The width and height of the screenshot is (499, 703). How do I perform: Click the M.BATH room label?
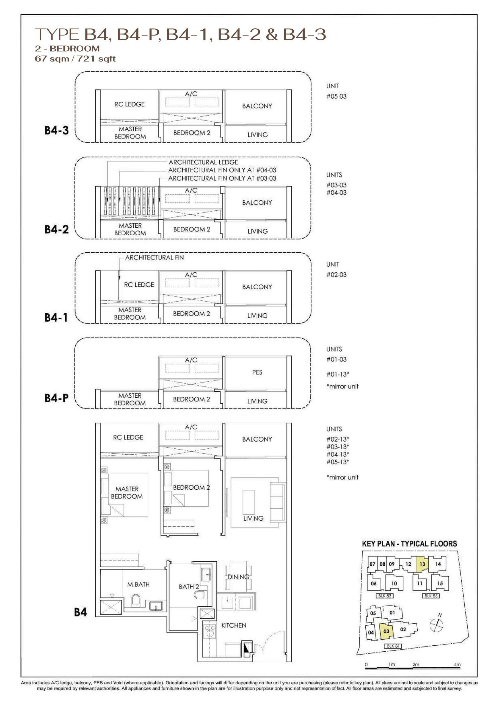click(138, 585)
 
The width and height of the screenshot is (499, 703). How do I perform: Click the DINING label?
click(238, 577)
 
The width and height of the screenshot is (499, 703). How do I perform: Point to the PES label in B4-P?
click(257, 372)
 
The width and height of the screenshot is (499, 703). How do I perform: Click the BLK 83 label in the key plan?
click(385, 596)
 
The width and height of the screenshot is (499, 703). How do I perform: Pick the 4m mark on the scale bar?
click(457, 664)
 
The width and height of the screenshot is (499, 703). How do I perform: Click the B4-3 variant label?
click(57, 130)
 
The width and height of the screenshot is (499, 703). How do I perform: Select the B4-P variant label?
click(57, 398)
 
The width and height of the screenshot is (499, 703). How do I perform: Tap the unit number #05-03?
click(337, 96)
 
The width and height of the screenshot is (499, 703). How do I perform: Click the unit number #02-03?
click(337, 275)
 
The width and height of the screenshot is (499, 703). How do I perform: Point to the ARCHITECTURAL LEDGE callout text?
click(203, 162)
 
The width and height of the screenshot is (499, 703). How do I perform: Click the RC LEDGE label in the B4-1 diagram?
click(139, 285)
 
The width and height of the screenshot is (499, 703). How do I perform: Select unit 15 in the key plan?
click(440, 583)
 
